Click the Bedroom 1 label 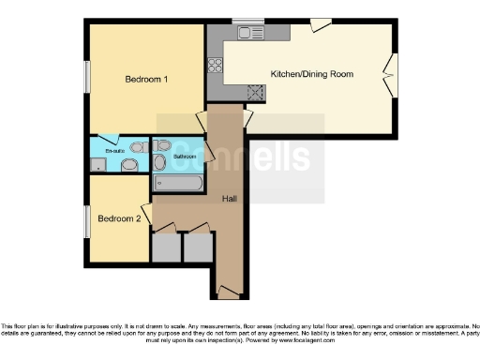click(146, 80)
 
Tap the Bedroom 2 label click(120, 218)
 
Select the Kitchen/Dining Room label click(311, 73)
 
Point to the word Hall click(229, 199)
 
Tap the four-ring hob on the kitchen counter click(215, 65)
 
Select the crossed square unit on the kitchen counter click(252, 92)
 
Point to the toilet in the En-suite click(129, 165)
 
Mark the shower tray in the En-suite click(97, 165)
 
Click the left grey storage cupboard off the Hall click(166, 247)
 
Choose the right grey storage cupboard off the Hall click(198, 247)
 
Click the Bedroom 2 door click(146, 214)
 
